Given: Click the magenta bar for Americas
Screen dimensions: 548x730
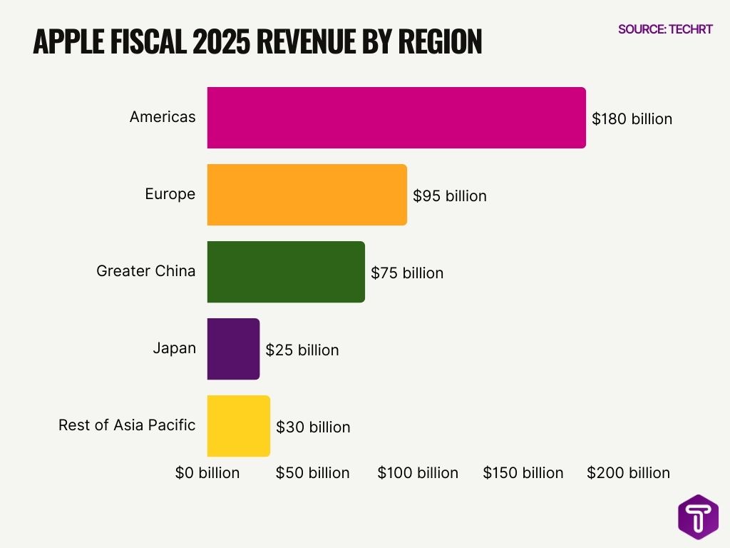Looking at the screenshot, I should click(x=396, y=118).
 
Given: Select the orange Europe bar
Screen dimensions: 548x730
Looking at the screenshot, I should click(x=307, y=195).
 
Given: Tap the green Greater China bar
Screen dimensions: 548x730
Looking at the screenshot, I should click(x=286, y=272).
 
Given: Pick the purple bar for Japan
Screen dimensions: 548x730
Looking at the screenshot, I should click(x=233, y=349).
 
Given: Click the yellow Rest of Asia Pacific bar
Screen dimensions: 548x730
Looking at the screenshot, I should click(x=238, y=426).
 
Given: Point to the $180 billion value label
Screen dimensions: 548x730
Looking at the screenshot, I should click(x=632, y=119).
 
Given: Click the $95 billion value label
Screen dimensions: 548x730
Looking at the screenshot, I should click(x=449, y=196).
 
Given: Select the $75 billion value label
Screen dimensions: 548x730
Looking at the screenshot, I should click(x=406, y=273).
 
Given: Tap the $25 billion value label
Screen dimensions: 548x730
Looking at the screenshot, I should click(x=302, y=350).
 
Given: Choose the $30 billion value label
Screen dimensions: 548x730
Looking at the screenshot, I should click(x=313, y=427).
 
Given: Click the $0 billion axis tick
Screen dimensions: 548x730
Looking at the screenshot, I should click(x=207, y=473).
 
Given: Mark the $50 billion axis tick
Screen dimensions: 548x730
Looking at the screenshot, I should click(x=312, y=473).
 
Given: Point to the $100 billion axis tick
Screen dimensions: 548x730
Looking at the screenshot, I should click(x=418, y=473).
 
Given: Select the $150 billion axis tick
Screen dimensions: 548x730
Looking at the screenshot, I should click(x=523, y=473).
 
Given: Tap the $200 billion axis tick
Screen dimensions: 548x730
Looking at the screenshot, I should click(x=628, y=473).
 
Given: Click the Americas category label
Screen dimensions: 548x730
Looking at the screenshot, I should click(x=163, y=117).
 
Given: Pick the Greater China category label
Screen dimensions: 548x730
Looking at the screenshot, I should click(x=145, y=271).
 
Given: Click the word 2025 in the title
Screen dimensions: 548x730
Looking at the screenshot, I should click(x=214, y=42).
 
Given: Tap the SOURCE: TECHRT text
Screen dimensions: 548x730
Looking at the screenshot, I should click(x=665, y=29).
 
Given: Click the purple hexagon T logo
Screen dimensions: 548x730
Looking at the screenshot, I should click(x=698, y=517).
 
